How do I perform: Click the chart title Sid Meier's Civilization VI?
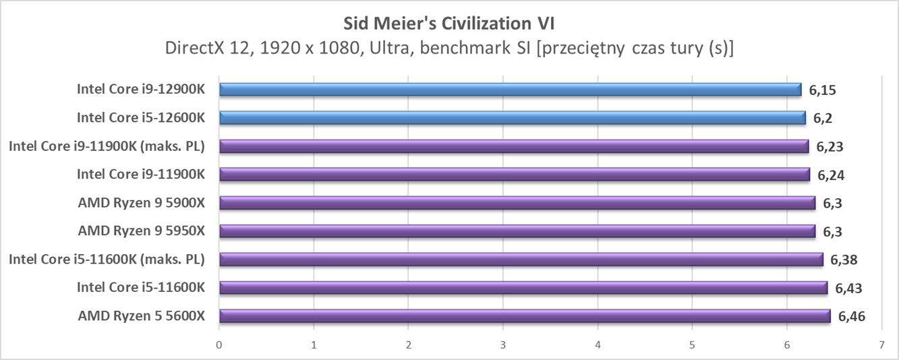tap(448, 24)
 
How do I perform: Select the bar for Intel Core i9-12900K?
tap(510, 90)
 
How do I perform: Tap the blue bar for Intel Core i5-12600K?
tap(512, 118)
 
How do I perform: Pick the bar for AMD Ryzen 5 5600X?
tap(524, 316)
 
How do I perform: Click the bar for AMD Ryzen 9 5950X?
tap(517, 231)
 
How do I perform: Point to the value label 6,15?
tap(823, 90)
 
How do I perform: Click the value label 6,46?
tap(851, 316)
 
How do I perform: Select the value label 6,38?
tap(844, 260)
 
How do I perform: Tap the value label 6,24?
tap(831, 175)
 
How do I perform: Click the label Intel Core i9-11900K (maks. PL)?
tap(107, 146)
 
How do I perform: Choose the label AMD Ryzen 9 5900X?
tap(141, 203)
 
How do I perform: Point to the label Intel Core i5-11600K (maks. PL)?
tap(107, 260)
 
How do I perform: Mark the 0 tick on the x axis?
tap(219, 345)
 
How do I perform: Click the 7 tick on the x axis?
tap(881, 345)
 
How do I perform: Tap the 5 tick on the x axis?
tap(692, 345)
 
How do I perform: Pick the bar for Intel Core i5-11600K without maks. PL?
tap(523, 288)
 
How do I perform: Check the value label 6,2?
tap(822, 118)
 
